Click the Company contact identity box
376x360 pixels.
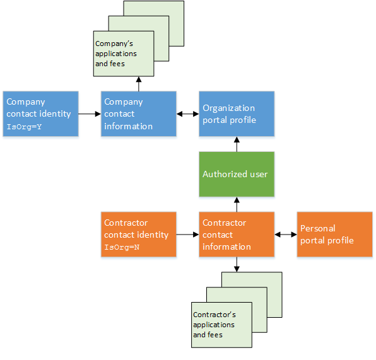[x=40, y=113]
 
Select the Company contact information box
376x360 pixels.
[x=139, y=113]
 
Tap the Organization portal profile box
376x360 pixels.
[x=237, y=113]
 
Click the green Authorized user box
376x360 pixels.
[x=237, y=174]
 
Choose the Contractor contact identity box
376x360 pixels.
[x=139, y=235]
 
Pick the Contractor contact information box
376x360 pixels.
[x=237, y=235]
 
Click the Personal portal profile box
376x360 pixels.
[x=335, y=235]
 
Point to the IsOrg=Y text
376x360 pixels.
[x=24, y=127]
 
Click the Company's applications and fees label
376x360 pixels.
[x=115, y=54]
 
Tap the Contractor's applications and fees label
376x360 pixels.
[x=214, y=324]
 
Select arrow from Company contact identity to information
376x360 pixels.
[x=90, y=114]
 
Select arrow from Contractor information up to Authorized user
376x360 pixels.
[x=237, y=204]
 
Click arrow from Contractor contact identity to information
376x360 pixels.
[x=187, y=235]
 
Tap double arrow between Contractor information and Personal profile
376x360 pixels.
[x=286, y=235]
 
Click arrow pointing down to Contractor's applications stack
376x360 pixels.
[x=237, y=265]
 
